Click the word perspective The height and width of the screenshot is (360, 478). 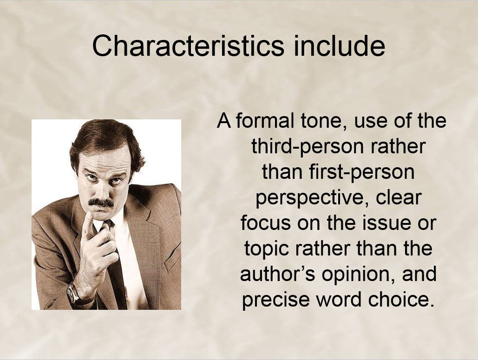coord(313,199)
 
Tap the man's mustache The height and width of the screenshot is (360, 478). coord(101,202)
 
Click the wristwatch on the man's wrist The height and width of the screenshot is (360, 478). coord(73,293)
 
